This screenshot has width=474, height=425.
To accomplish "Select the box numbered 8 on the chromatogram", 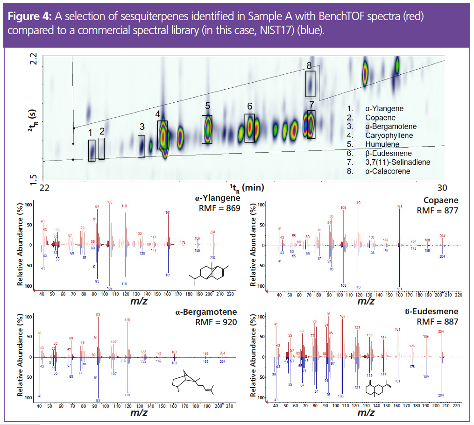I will (310, 84).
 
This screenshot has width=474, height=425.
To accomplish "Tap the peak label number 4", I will (158, 114).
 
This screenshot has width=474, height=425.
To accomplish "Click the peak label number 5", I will (207, 106).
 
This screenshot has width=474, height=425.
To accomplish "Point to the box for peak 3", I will (141, 146).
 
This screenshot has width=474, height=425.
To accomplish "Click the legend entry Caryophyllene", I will (385, 135).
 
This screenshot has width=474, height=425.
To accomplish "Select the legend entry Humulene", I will (381, 144).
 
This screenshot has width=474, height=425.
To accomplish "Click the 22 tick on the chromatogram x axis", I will (45, 188).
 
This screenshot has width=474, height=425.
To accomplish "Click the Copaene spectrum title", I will (441, 200).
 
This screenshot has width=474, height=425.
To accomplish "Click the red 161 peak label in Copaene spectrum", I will (399, 206).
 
